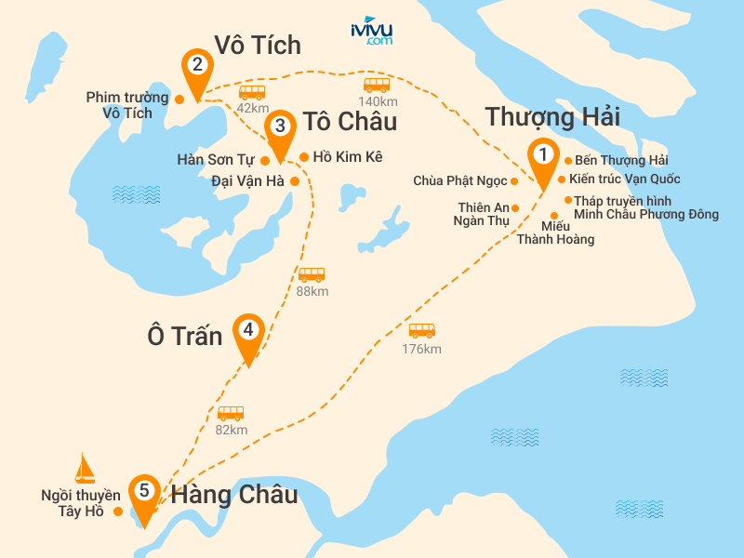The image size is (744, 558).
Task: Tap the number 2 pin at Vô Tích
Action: click(197, 67)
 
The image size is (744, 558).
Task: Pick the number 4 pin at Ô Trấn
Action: click(248, 332)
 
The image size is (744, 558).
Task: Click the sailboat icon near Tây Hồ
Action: click(86, 467)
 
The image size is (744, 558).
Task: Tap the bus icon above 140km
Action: click(376, 85)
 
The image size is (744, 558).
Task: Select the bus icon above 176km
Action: click(422, 331)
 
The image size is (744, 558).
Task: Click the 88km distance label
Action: click(312, 292)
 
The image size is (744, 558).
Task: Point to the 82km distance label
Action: click(232, 430)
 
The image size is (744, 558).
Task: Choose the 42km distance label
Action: click(252, 108)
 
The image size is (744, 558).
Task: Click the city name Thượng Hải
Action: click(552, 117)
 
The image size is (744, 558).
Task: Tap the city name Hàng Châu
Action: click(234, 494)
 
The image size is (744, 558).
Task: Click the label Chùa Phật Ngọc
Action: click(460, 180)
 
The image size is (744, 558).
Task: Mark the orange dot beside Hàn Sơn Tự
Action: click(265, 160)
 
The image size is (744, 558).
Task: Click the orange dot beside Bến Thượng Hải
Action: click(567, 160)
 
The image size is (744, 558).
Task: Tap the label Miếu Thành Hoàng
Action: click(555, 232)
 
